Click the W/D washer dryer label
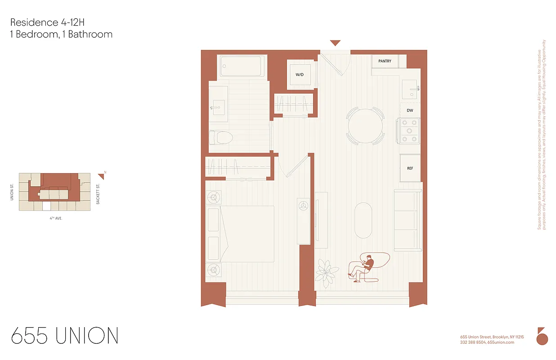click(300, 75)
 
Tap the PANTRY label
click(385, 61)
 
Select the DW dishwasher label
click(410, 110)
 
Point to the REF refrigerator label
click(410, 168)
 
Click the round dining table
click(365, 126)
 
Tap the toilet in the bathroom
click(221, 137)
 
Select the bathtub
click(242, 66)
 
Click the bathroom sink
click(219, 108)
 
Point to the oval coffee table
click(363, 220)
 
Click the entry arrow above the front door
click(335, 43)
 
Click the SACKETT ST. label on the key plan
click(98, 194)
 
